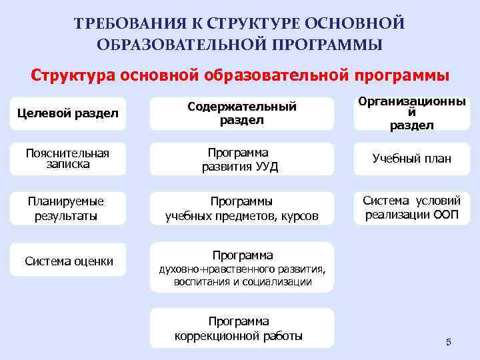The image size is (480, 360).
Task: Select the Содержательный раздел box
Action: pyautogui.click(x=241, y=113)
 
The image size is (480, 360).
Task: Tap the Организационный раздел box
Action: pyautogui.click(x=411, y=113)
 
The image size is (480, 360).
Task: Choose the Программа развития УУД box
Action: pyautogui.click(x=241, y=159)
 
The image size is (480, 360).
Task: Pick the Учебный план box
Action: pyautogui.click(x=411, y=159)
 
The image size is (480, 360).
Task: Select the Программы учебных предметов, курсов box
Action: pyautogui.click(x=241, y=208)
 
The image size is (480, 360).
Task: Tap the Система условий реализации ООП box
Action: pyautogui.click(x=411, y=208)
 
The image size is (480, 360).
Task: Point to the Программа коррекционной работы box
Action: pyautogui.click(x=241, y=328)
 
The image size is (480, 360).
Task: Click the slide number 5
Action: pyautogui.click(x=448, y=342)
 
